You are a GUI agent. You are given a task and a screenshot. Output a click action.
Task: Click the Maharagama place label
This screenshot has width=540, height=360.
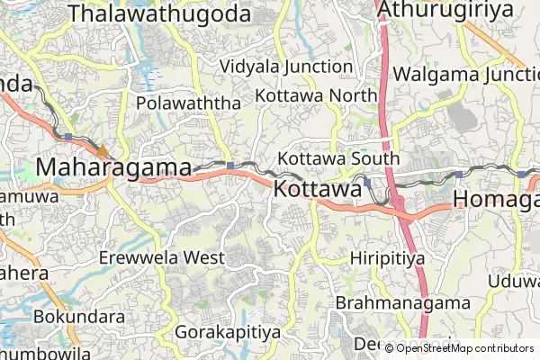(x=113, y=167)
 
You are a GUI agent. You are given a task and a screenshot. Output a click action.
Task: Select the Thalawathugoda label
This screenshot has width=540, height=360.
(x=159, y=13)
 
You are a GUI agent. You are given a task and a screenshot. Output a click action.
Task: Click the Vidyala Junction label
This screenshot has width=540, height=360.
(x=286, y=67)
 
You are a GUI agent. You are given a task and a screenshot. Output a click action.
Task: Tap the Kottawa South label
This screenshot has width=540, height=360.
(x=338, y=158)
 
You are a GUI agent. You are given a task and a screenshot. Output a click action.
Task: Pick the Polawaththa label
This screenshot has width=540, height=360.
(x=189, y=103)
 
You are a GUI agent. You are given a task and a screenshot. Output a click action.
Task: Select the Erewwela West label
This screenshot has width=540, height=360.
(x=175, y=257)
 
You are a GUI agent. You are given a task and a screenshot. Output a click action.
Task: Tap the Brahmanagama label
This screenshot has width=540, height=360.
(x=404, y=302)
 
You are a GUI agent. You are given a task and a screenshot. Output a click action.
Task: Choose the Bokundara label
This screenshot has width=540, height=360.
(x=79, y=317)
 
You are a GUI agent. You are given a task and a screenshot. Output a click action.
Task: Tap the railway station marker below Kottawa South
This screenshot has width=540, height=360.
(x=367, y=182)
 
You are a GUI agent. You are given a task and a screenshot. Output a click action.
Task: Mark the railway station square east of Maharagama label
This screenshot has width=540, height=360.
(x=231, y=165)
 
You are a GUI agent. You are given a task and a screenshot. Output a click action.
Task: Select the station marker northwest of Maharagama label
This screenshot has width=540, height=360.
(x=68, y=136)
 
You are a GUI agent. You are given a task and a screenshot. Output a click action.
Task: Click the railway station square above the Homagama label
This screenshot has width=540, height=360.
(x=458, y=174)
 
